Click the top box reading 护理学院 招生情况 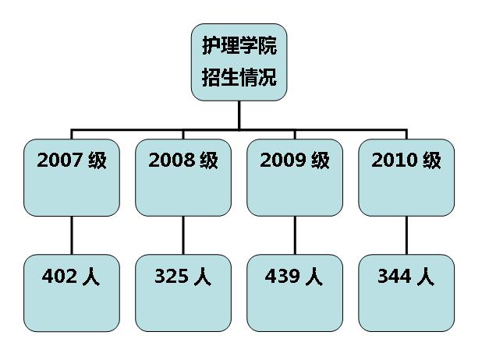(x=239, y=62)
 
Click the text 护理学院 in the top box (x=239, y=46)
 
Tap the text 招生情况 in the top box (x=239, y=78)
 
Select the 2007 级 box (x=72, y=178)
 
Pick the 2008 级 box (x=183, y=178)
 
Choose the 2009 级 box (x=295, y=178)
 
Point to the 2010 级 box (x=406, y=178)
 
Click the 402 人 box (x=72, y=293)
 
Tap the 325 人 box (x=183, y=293)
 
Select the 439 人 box (x=295, y=293)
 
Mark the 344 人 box (x=406, y=293)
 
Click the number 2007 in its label (x=59, y=161)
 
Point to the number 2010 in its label (x=395, y=161)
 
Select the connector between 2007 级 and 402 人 (x=72, y=235)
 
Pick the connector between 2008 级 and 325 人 (x=183, y=235)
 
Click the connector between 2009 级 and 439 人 (x=295, y=235)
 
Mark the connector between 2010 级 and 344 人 (x=406, y=235)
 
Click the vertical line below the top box (x=239, y=114)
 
